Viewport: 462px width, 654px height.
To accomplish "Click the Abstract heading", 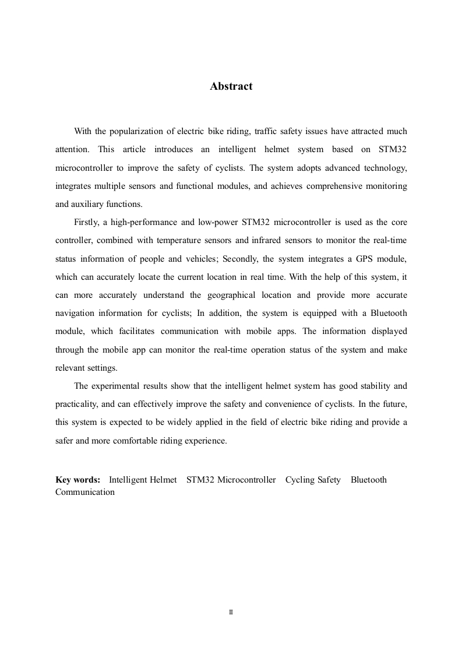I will click(231, 86).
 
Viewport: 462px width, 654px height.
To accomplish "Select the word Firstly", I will click(87, 222).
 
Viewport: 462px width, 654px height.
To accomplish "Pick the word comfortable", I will click(144, 441).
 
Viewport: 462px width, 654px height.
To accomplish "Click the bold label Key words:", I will click(78, 480).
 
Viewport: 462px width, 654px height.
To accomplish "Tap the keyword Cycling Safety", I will click(313, 480).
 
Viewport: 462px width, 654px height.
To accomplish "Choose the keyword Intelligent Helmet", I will click(143, 480).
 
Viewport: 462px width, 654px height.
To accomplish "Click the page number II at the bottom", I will click(231, 613).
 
